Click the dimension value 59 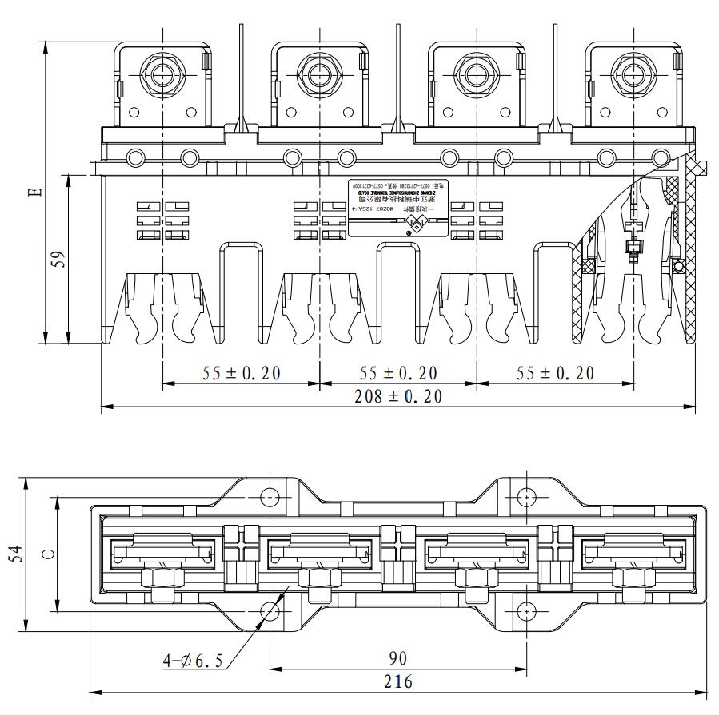coord(58,260)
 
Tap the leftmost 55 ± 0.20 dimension coord(241,373)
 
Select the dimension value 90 coord(397,658)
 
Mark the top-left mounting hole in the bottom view coord(270,496)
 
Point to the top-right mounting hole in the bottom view coord(525,496)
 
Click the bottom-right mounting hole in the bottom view coord(525,611)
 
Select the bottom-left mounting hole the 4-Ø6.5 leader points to coord(270,611)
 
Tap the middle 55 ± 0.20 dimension coord(397,373)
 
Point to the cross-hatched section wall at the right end coord(684,240)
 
